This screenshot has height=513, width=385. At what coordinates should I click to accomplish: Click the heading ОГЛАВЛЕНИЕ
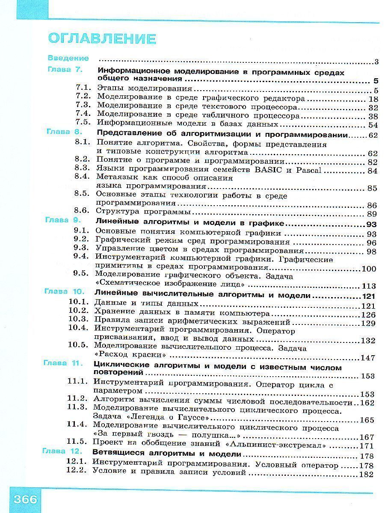pos(102,39)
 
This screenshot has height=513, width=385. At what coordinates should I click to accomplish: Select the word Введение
pos(68,58)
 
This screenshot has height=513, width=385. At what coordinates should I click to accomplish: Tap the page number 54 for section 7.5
pos(373,125)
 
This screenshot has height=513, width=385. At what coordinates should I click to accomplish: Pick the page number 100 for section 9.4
pos(369,269)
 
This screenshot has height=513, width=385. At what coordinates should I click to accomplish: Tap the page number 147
pos(368,358)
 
